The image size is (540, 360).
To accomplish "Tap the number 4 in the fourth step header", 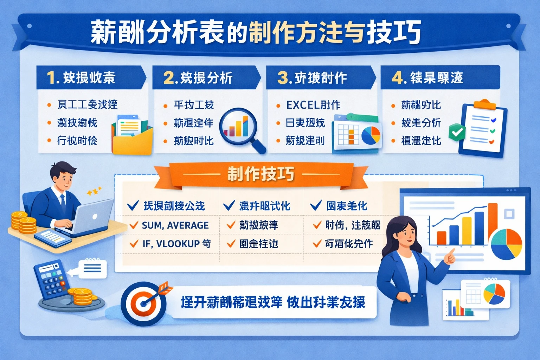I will tap(397, 78).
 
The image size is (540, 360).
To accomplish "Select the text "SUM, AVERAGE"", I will tap(175, 225).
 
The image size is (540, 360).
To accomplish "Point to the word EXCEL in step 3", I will tap(303, 105).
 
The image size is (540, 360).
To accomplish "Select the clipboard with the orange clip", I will tap(483, 128).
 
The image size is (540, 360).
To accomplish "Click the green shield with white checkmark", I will tap(457, 132).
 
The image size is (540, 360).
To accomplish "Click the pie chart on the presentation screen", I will tap(506, 244).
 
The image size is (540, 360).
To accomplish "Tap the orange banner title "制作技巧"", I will tap(261, 174).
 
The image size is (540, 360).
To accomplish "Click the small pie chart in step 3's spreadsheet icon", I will tap(371, 135).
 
